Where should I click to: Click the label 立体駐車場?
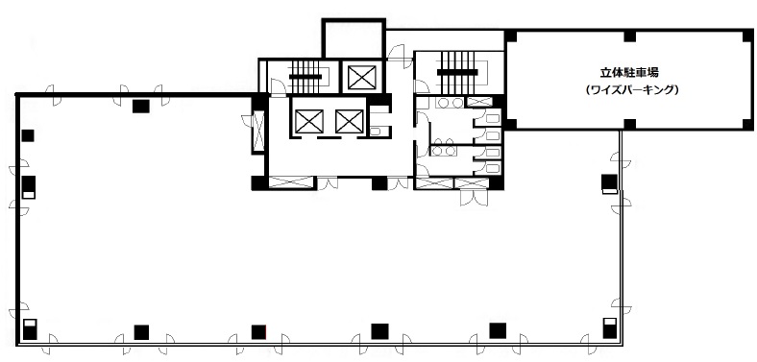click(629, 73)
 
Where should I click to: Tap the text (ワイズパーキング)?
click(629, 89)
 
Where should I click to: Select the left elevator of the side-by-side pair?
click(309, 121)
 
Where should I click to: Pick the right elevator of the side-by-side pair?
click(349, 121)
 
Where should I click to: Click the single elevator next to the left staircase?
click(361, 77)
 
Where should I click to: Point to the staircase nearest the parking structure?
click(457, 73)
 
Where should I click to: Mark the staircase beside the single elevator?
click(305, 77)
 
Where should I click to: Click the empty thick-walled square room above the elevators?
click(354, 38)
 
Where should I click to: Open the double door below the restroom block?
click(474, 198)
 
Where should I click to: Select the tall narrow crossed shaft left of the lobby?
click(258, 132)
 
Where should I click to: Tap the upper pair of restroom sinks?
click(449, 103)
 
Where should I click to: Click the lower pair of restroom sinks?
click(444, 151)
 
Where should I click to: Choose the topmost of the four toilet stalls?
click(491, 118)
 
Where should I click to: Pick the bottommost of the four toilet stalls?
click(491, 168)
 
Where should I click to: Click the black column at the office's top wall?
click(141, 107)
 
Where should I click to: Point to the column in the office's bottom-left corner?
click(30, 328)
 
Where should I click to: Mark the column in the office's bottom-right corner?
click(610, 328)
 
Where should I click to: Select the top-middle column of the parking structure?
click(629, 36)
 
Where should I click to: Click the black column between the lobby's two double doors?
click(379, 183)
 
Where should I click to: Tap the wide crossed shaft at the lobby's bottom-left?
click(291, 182)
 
